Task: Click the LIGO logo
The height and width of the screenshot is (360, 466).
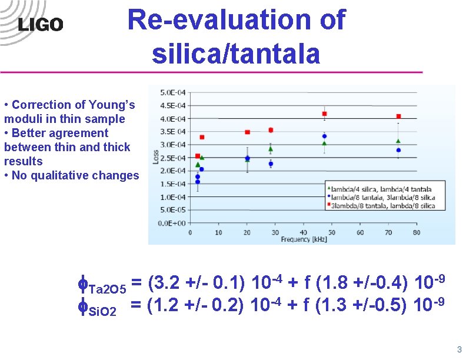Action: pyautogui.click(x=41, y=24)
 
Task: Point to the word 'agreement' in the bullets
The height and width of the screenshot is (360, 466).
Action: pyautogui.click(x=80, y=133)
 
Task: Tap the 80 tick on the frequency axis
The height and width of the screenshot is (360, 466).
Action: pyautogui.click(x=417, y=232)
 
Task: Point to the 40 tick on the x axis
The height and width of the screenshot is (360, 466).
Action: pyautogui.click(x=304, y=232)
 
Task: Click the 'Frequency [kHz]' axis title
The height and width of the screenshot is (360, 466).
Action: pyautogui.click(x=304, y=239)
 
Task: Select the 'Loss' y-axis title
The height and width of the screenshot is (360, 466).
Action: pyautogui.click(x=156, y=156)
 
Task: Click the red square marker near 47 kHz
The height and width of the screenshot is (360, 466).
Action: pyautogui.click(x=324, y=114)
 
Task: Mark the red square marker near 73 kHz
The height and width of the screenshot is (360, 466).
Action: pyautogui.click(x=398, y=116)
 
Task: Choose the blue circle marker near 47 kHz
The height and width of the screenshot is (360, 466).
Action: pyautogui.click(x=324, y=136)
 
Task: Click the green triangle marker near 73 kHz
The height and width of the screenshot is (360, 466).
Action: pyautogui.click(x=398, y=141)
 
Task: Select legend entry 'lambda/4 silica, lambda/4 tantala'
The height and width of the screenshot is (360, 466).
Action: pyautogui.click(x=381, y=189)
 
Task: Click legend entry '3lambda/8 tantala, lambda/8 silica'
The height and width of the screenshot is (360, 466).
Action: pyautogui.click(x=383, y=206)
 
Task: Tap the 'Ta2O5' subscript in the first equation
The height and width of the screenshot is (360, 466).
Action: pyautogui.click(x=106, y=289)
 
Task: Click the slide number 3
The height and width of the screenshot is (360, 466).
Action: pyautogui.click(x=459, y=349)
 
